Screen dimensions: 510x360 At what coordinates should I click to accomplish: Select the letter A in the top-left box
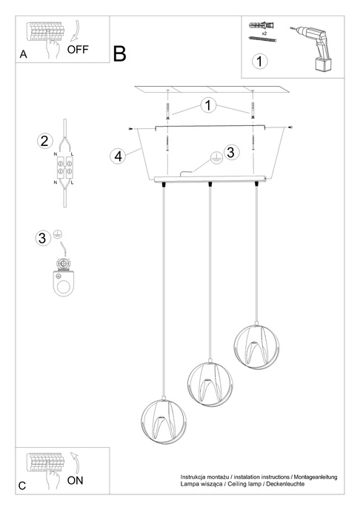click(24, 54)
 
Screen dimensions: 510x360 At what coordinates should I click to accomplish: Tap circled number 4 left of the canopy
click(116, 156)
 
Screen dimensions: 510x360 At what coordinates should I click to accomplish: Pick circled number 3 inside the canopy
click(230, 153)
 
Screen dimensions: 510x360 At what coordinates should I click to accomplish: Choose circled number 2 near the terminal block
click(45, 142)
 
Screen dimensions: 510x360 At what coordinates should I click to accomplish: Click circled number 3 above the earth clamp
click(42, 238)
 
